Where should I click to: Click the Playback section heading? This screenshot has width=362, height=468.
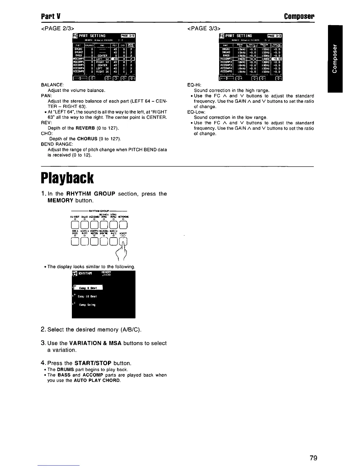pyautogui.click(x=67, y=178)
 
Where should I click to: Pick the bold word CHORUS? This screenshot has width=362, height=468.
pyautogui.click(x=87, y=139)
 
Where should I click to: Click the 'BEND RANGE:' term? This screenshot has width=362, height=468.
pyautogui.click(x=57, y=144)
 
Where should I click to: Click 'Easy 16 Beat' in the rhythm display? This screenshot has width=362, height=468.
pyautogui.click(x=88, y=296)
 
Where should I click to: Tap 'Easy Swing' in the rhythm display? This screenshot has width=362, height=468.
pyautogui.click(x=87, y=305)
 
